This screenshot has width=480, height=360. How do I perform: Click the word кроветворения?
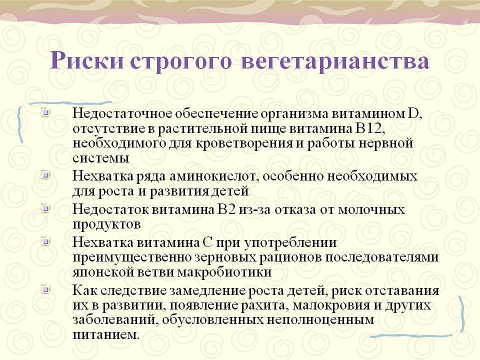(243, 143)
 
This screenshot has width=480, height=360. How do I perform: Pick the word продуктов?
(106, 225)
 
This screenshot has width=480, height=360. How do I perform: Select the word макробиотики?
(224, 272)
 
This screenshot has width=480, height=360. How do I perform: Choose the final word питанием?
(106, 334)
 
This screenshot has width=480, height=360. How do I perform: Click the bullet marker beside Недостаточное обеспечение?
(45, 112)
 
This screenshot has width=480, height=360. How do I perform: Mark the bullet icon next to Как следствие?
(45, 289)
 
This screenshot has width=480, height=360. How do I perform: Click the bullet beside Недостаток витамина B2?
(45, 208)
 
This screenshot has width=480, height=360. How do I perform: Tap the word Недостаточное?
(123, 113)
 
